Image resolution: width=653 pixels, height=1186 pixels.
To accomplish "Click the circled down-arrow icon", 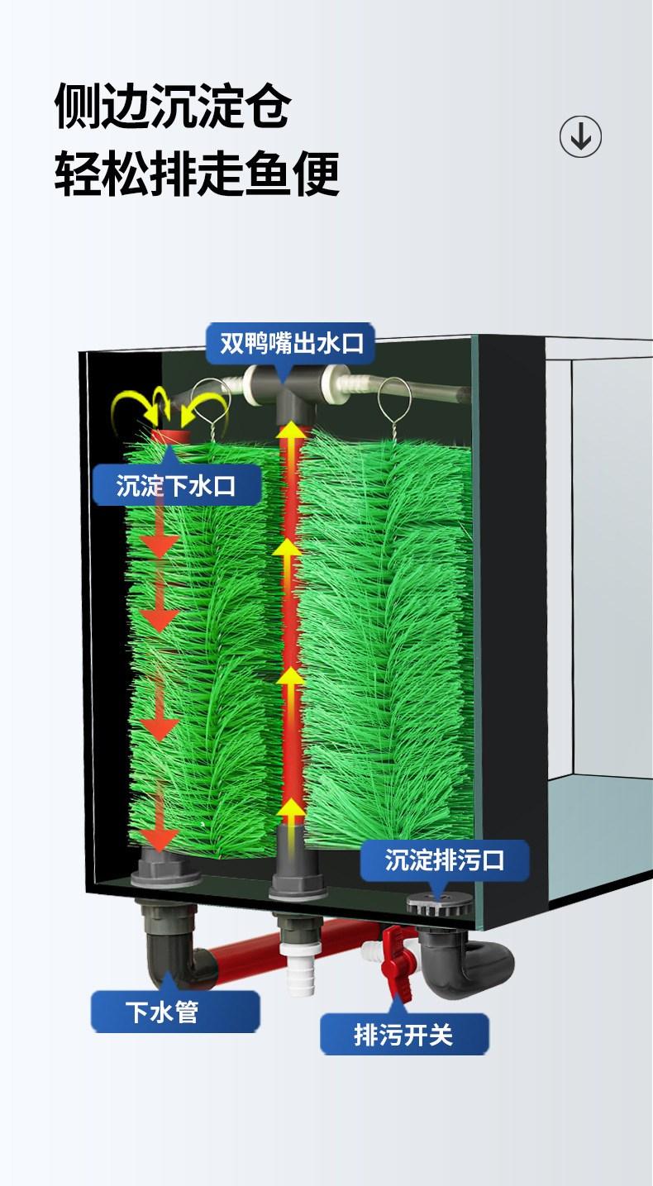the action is tap(580, 136).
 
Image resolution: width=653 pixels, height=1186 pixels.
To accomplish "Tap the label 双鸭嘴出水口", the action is tap(290, 343).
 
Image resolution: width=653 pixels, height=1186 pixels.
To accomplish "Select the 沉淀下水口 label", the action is tap(176, 485).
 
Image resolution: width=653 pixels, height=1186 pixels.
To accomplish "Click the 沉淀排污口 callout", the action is tap(445, 860).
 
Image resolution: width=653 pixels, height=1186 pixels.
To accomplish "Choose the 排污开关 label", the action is tap(403, 1034).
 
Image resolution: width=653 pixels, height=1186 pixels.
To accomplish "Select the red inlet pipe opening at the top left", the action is tap(170, 436).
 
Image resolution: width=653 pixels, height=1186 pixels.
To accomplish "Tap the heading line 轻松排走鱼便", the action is tap(197, 174).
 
